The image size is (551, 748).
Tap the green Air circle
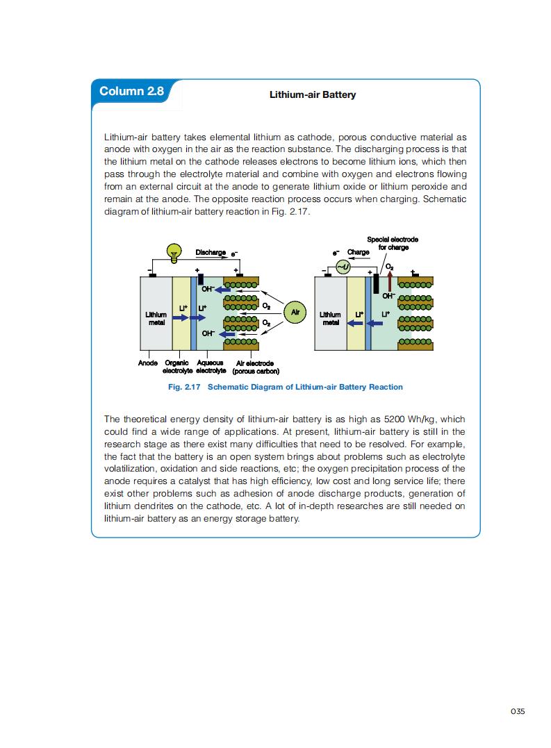pyautogui.click(x=295, y=313)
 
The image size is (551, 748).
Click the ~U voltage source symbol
pyautogui.click(x=341, y=267)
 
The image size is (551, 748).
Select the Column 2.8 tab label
pyautogui.click(x=131, y=92)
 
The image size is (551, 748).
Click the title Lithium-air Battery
pyautogui.click(x=312, y=94)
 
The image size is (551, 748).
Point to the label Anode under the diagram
pyautogui.click(x=147, y=363)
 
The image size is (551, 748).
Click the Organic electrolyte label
pyautogui.click(x=178, y=367)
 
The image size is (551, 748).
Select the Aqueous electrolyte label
pyautogui.click(x=210, y=367)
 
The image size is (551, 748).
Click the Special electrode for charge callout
pyautogui.click(x=392, y=243)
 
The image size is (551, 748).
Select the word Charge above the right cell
pyautogui.click(x=359, y=253)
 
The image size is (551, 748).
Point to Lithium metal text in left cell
pyautogui.click(x=156, y=318)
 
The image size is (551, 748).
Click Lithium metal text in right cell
pyautogui.click(x=330, y=318)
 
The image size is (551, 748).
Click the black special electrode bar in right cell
pyautogui.click(x=376, y=284)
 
